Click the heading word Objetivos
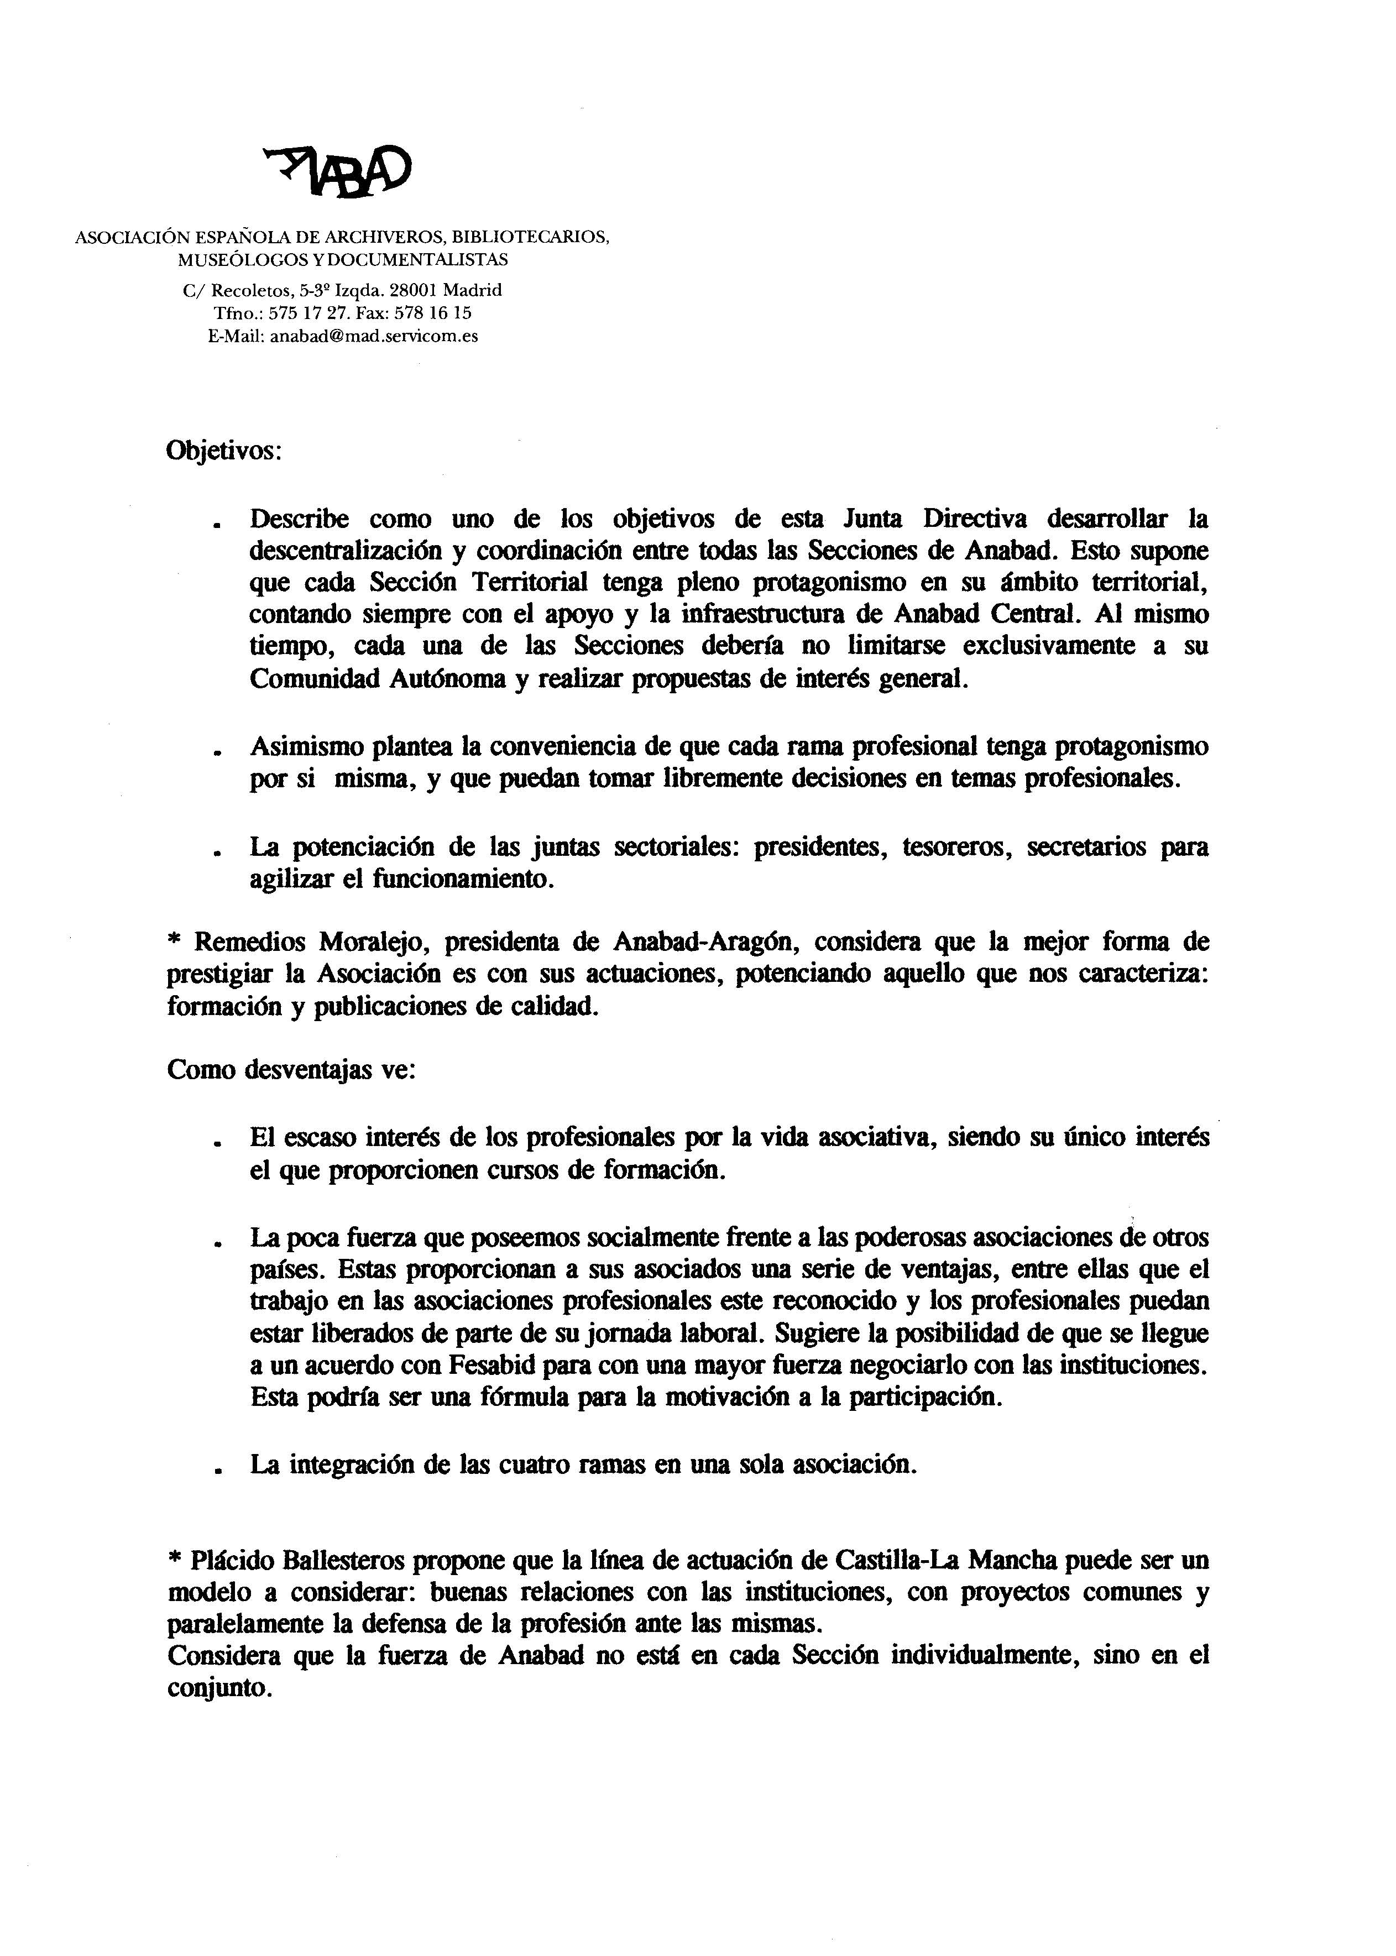pyautogui.click(x=223, y=451)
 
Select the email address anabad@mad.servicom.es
pyautogui.click(x=373, y=337)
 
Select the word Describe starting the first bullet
pyautogui.click(x=299, y=519)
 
